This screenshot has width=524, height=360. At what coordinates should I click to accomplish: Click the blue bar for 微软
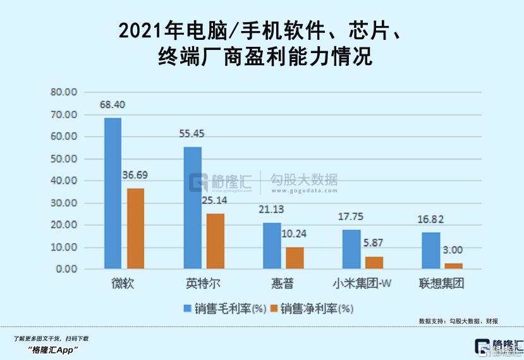pos(113,194)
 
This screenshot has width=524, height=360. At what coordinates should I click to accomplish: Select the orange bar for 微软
pos(135,228)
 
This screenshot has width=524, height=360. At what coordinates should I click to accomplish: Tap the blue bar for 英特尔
pos(192,208)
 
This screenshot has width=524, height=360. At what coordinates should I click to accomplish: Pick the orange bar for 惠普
pos(295,258)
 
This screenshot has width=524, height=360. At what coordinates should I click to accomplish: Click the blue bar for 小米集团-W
pos(351,249)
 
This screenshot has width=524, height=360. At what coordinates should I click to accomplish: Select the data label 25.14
pos(214,201)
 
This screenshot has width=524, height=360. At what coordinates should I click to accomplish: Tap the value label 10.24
pos(293,233)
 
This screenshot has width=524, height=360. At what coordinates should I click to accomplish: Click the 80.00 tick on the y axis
pos(64,92)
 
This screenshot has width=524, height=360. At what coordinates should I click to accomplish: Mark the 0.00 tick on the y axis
pos(66,270)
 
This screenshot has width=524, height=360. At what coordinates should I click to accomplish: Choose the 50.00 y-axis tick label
pos(64,159)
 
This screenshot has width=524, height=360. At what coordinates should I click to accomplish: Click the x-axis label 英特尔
pos(204,282)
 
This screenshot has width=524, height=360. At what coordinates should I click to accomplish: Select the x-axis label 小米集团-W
pos(362,282)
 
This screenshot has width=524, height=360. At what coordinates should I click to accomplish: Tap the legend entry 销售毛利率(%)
pos(224,309)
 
